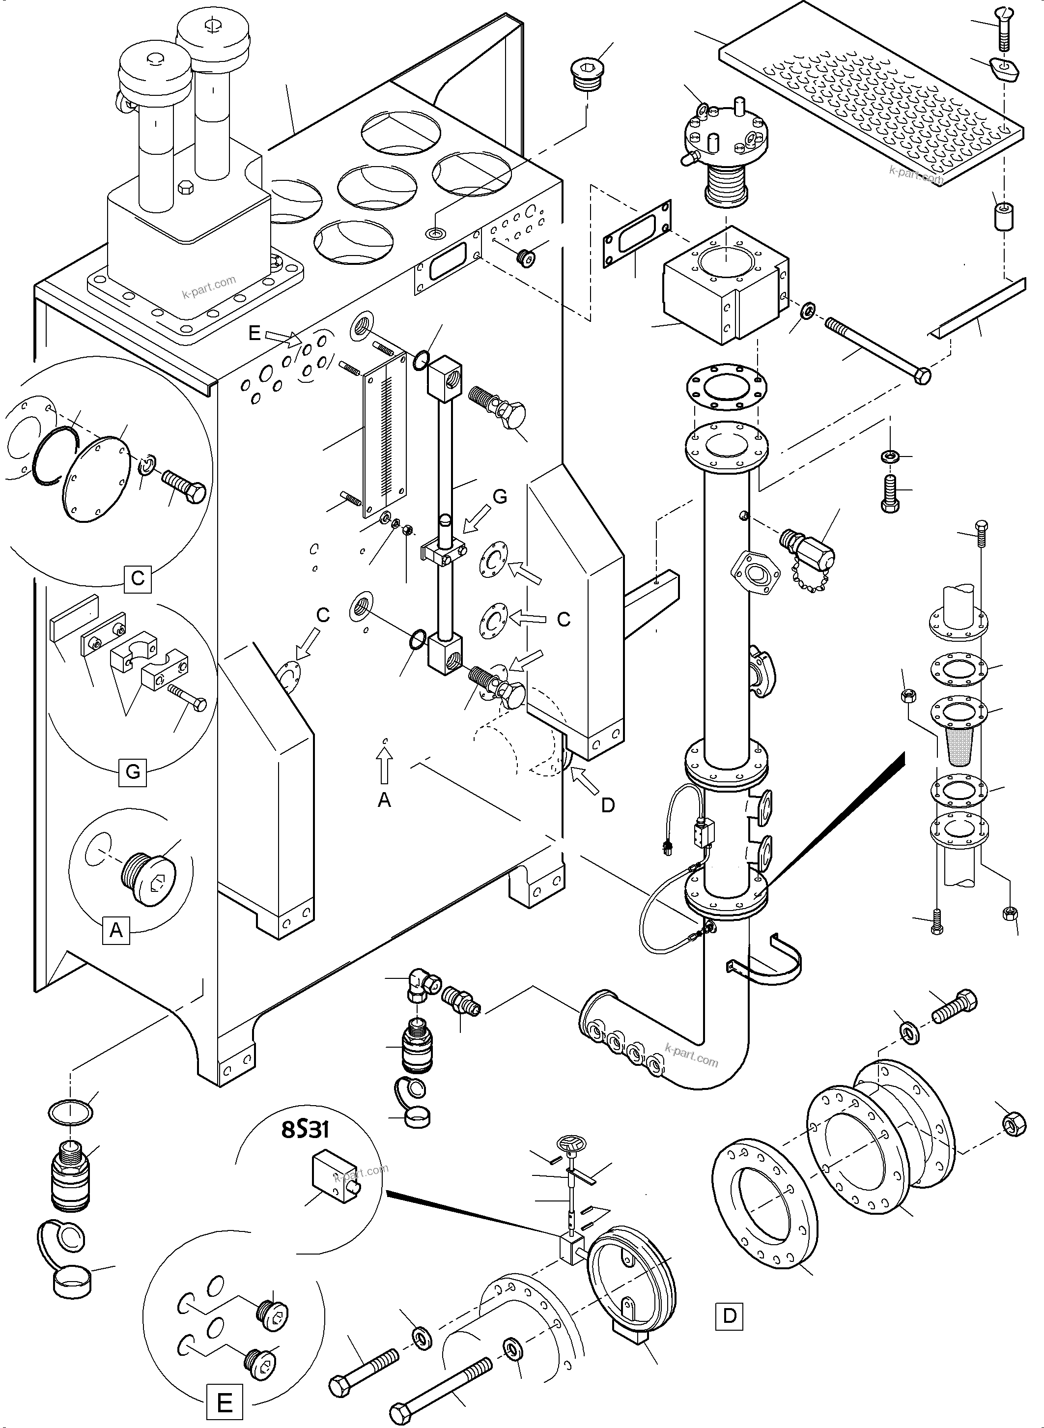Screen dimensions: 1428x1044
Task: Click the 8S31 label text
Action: pos(305,1130)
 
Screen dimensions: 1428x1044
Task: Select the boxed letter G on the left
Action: pos(133,772)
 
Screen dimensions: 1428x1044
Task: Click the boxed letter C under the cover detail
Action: pos(137,578)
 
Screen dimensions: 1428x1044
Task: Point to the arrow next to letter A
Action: pos(385,765)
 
